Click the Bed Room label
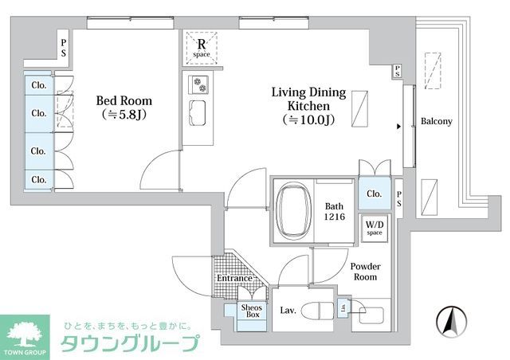click(x=124, y=101)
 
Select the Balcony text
click(x=436, y=122)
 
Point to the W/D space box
click(x=374, y=229)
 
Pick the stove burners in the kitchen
click(x=197, y=84)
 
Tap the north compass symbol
click(x=449, y=323)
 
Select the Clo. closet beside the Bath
click(x=373, y=193)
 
